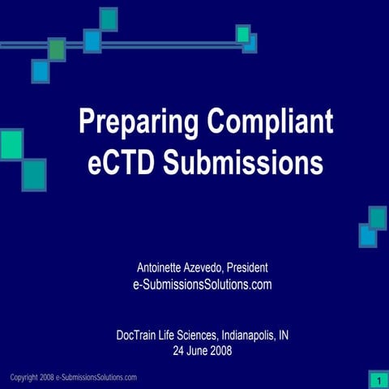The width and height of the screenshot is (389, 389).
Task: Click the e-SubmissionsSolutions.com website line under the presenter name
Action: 201,284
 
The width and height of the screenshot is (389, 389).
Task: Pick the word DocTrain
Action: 139,335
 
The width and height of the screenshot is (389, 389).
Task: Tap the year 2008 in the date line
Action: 222,351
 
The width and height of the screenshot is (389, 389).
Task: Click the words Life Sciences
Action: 192,335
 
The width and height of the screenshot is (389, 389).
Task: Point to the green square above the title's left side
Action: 56,49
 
